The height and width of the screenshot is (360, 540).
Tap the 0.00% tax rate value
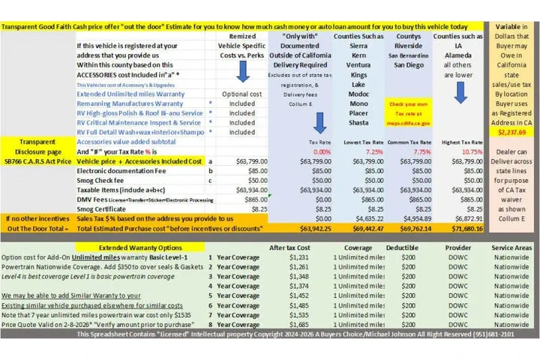pos(320,150)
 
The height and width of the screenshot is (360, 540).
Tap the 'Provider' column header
pos(457,246)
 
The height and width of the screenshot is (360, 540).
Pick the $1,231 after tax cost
pos(298,256)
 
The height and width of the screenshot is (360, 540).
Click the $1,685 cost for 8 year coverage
pos(298,325)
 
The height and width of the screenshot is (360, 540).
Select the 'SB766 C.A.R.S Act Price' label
pos(37,160)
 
